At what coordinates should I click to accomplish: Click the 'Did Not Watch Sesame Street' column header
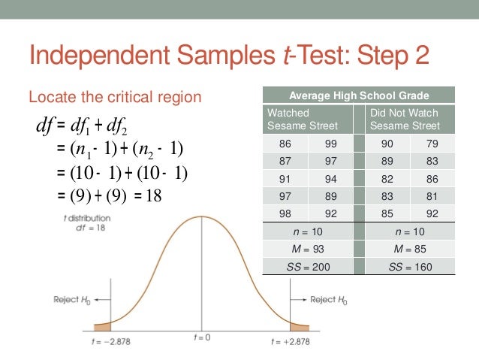click(x=405, y=119)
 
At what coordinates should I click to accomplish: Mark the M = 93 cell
click(x=308, y=249)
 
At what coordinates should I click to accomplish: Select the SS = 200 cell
click(x=308, y=267)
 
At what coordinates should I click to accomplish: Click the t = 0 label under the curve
click(x=200, y=337)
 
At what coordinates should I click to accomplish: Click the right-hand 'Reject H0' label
click(x=329, y=299)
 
